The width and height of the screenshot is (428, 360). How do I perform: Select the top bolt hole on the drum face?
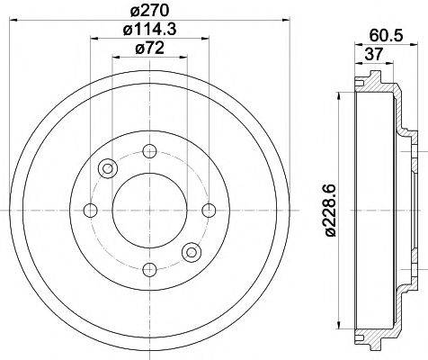(x=149, y=150)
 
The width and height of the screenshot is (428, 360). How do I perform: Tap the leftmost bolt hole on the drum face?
(x=90, y=211)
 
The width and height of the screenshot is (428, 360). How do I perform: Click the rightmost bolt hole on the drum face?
(x=210, y=211)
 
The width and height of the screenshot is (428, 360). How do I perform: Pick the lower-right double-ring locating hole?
(x=190, y=252)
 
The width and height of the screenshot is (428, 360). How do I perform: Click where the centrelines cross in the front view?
(x=149, y=211)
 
